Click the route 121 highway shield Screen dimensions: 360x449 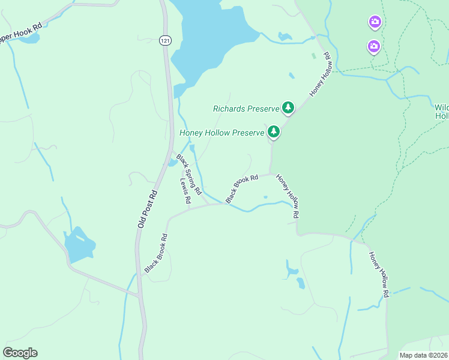click(165, 40)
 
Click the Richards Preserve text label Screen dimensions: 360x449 click(246, 109)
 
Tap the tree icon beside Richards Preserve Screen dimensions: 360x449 click(288, 107)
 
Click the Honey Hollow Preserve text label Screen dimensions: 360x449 click(222, 133)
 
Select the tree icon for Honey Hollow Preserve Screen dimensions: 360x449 click(274, 131)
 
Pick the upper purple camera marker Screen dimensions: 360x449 click(375, 23)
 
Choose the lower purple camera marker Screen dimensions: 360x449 click(373, 46)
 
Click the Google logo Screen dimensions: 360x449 click(20, 353)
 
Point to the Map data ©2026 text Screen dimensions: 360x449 click(424, 355)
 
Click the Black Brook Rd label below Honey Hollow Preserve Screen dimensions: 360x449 click(241, 188)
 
